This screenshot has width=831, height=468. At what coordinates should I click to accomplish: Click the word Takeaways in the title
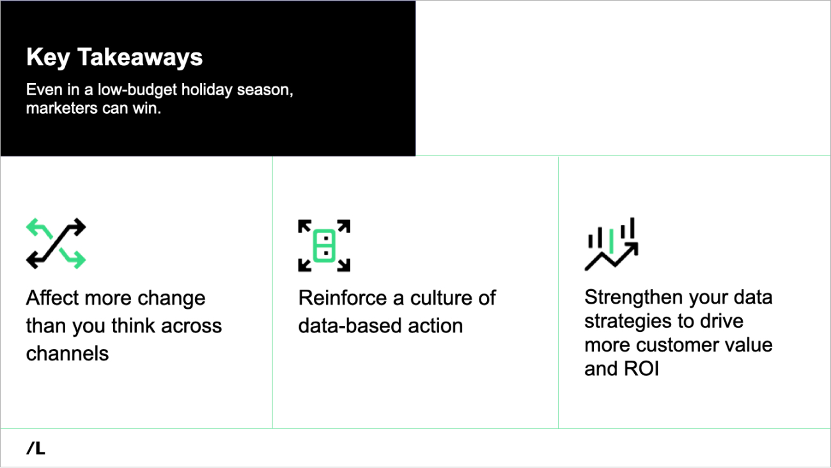(x=140, y=57)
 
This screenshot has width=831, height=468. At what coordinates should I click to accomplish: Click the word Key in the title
(x=48, y=58)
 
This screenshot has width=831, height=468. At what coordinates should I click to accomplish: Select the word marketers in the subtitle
(x=61, y=109)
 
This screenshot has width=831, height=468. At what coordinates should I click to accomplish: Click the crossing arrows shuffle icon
(x=56, y=244)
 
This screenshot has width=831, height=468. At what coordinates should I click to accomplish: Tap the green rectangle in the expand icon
(x=324, y=246)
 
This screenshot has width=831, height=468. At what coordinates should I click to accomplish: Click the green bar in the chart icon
(x=611, y=241)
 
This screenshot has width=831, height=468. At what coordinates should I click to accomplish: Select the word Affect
(x=52, y=298)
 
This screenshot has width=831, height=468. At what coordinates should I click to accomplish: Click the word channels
(x=67, y=354)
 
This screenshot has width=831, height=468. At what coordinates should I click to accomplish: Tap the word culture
(x=441, y=298)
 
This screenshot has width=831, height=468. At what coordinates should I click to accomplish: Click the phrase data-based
(x=350, y=325)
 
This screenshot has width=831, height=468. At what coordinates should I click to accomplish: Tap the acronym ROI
(x=641, y=369)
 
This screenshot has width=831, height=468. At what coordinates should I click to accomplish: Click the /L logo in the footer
(x=36, y=448)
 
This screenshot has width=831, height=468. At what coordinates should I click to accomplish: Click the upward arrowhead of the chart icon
(x=632, y=249)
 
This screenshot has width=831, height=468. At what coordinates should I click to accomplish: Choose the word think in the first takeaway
(x=133, y=325)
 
